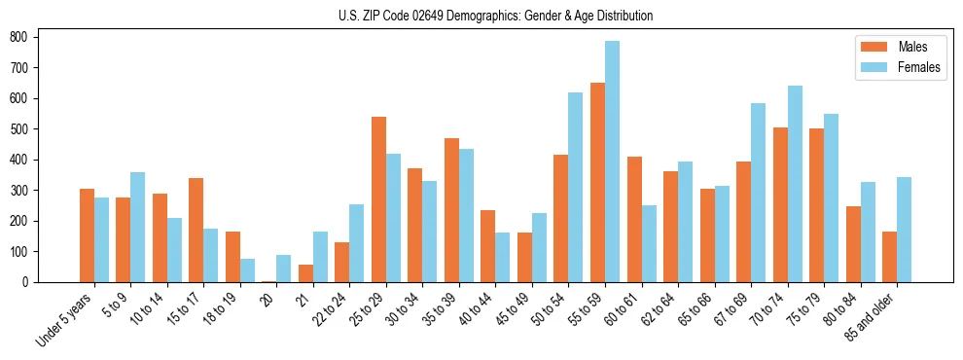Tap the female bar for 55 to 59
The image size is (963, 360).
612,162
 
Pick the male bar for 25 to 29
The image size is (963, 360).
378,199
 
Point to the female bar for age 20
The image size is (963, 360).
284,269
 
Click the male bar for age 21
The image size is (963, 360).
305,273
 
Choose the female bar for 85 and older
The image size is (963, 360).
904,230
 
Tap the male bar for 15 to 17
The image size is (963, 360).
196,230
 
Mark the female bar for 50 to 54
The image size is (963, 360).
576,187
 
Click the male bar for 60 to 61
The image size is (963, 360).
634,219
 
